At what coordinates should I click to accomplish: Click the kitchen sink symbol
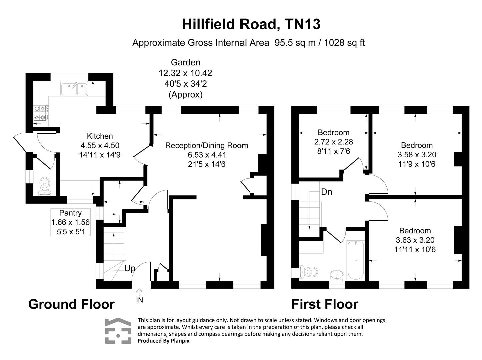[x=74, y=88]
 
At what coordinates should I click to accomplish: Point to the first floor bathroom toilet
[x=307, y=272]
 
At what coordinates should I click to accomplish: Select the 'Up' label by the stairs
[x=130, y=268]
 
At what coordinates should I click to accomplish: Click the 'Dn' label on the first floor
[x=326, y=192]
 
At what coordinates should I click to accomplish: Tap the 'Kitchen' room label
[x=100, y=136]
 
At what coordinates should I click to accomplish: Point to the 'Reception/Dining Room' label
[x=206, y=145]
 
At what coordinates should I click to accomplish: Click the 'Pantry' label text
[x=70, y=213]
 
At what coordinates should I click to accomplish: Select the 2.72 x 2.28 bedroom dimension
[x=333, y=142]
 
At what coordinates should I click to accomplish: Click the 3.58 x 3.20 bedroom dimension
[x=417, y=155]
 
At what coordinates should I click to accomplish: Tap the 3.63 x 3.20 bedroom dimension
[x=415, y=240]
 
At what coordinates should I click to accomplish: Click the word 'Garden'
[x=185, y=62]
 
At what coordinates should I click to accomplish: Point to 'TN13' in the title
[x=303, y=24]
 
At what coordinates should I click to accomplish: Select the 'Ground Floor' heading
[x=71, y=304]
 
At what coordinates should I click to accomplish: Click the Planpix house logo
[x=118, y=331]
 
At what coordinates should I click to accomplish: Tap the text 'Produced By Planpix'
[x=163, y=341]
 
